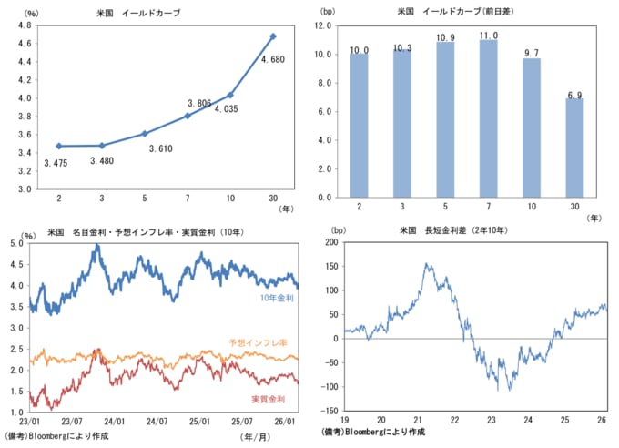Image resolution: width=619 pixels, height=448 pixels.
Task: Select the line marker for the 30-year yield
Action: pos(273,36)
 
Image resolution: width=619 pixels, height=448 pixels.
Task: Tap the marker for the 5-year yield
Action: pos(144,134)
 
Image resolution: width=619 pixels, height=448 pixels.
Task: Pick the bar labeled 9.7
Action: pos(531,127)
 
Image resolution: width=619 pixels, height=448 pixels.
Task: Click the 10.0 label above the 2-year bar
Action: pos(360,50)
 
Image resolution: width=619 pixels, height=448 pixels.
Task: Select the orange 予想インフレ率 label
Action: pos(258,342)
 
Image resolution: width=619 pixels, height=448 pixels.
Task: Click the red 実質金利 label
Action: pos(269,400)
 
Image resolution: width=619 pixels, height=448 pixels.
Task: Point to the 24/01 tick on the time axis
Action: pos(114,422)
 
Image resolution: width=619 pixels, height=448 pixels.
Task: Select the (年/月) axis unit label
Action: pos(259,436)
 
